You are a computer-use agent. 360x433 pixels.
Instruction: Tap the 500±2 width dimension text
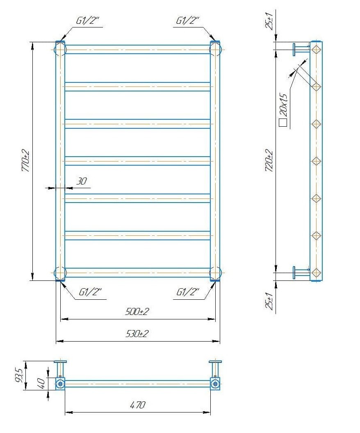pyautogui.click(x=137, y=312)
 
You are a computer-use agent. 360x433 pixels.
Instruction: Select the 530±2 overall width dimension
pyautogui.click(x=137, y=334)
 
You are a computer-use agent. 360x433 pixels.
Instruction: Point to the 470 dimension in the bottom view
pyautogui.click(x=137, y=405)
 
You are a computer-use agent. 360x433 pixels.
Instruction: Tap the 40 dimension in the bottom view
pyautogui.click(x=41, y=383)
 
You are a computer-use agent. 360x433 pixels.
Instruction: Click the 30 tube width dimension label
pyautogui.click(x=82, y=181)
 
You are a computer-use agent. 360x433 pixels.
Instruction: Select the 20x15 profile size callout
pyautogui.click(x=283, y=105)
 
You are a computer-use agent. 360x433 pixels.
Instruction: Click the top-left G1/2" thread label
pyautogui.click(x=87, y=21)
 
